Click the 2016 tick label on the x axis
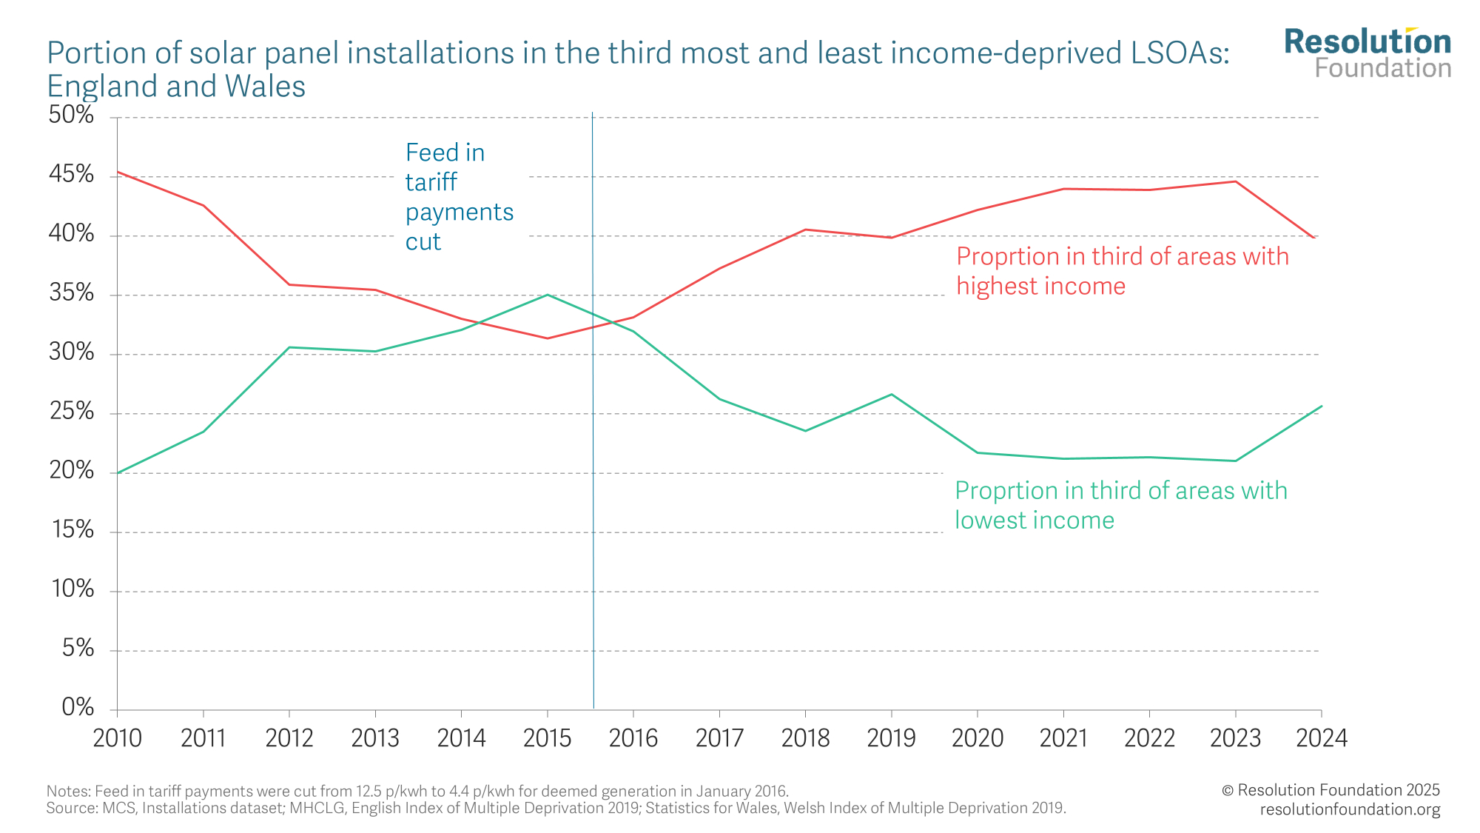tap(633, 738)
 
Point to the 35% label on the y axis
tap(72, 293)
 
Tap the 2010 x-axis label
tap(118, 738)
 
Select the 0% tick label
tap(78, 708)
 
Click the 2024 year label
tap(1322, 738)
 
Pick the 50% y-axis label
tap(72, 116)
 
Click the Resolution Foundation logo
tap(1368, 53)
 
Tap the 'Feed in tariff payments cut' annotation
tap(459, 197)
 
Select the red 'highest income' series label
tap(1122, 271)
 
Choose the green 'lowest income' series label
tap(1120, 505)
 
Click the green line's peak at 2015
tap(548, 295)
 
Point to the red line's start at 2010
tap(118, 173)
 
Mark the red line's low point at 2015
tap(548, 338)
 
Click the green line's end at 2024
tap(1321, 406)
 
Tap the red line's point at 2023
tap(1235, 181)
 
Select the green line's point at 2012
tap(289, 347)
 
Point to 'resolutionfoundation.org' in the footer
tap(1350, 809)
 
